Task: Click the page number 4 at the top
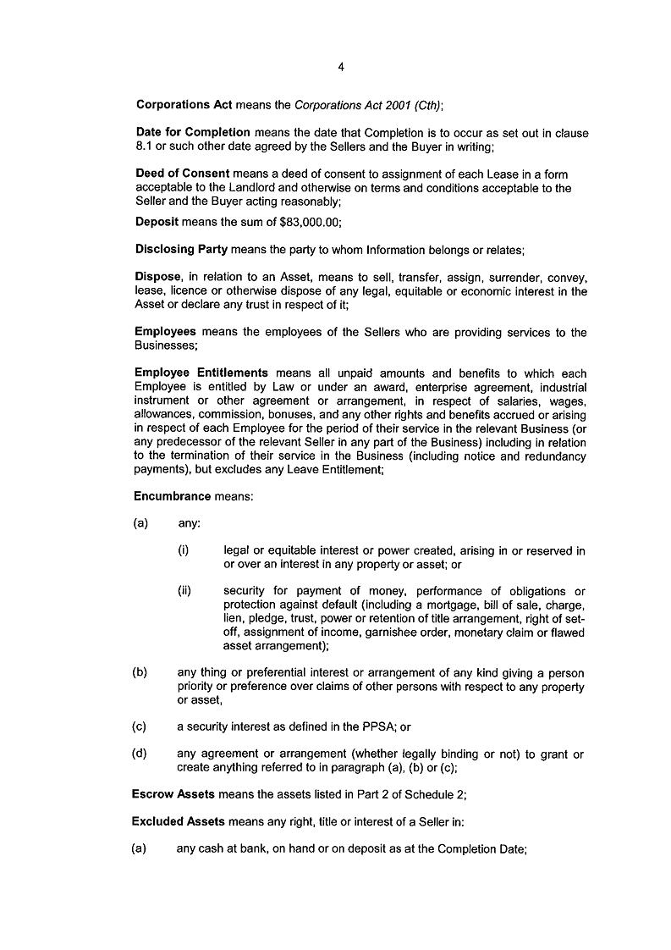(x=340, y=67)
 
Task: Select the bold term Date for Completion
(x=193, y=133)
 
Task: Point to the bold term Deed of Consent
(x=183, y=174)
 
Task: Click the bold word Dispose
(x=158, y=277)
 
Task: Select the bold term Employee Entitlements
(x=201, y=373)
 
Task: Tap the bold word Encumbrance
(x=173, y=496)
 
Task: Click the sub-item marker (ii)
(x=184, y=591)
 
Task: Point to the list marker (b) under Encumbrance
(x=140, y=673)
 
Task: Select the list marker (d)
(x=140, y=754)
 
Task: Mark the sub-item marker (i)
(x=183, y=550)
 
